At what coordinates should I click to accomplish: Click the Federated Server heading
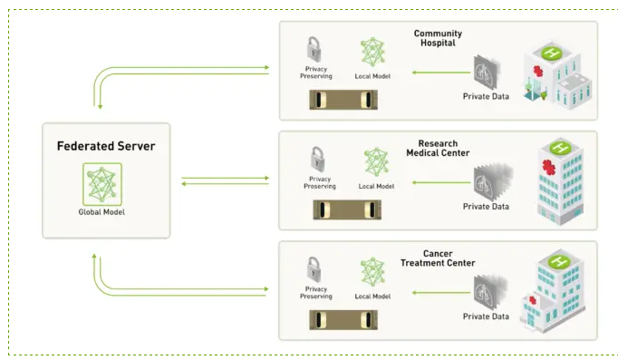tap(106, 146)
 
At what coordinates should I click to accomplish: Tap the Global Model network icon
tap(102, 184)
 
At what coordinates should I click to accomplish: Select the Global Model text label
tap(101, 212)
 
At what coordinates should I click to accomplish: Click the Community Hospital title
tap(438, 38)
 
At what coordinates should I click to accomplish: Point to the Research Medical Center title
tap(438, 148)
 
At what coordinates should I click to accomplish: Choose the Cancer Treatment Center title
tap(438, 258)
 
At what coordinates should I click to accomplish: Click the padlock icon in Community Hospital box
tap(314, 50)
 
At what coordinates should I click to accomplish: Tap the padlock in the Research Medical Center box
tap(318, 160)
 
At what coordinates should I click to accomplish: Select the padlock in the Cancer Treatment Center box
tap(314, 269)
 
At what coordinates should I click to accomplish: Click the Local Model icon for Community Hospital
tap(372, 52)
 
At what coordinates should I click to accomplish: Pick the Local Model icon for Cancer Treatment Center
tap(372, 272)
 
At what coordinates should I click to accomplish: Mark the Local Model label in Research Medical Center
tap(376, 186)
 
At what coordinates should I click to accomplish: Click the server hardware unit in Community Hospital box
tap(343, 100)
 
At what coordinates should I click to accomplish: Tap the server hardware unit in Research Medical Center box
tap(347, 209)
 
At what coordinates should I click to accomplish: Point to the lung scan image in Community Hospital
tap(487, 73)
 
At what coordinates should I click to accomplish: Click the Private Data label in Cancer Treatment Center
tap(486, 316)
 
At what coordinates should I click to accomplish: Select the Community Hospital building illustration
tap(557, 75)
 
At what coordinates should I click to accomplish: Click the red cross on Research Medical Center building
tap(548, 167)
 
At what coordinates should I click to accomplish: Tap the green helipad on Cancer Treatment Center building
tap(559, 260)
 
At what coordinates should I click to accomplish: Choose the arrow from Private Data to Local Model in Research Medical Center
tap(441, 182)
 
